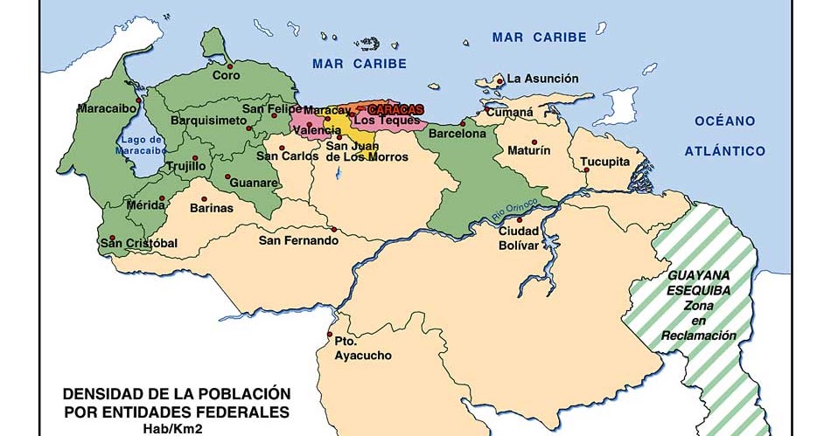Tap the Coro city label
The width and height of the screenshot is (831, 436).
225,76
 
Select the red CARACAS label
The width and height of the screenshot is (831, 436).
395,109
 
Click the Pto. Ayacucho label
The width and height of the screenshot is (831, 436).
362,349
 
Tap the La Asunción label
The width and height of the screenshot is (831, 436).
542,79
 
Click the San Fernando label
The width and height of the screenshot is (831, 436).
297,240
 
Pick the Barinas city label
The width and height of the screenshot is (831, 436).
213,208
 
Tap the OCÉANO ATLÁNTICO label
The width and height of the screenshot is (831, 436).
724,135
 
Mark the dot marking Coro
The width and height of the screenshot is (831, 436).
230,65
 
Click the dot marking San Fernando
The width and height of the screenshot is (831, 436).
333,230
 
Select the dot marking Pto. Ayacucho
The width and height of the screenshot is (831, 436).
329,336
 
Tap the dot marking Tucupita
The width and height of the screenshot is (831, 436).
586,170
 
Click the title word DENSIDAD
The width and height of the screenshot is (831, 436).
97,394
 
